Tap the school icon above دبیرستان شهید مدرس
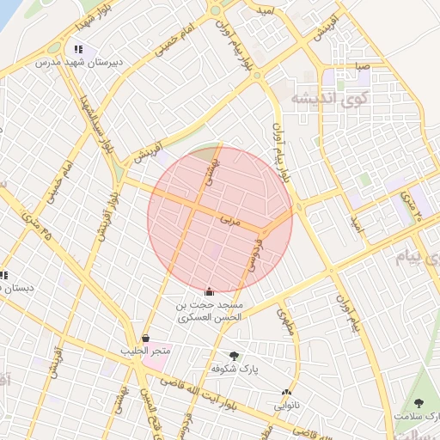click(79, 50)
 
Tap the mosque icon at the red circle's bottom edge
click(211, 291)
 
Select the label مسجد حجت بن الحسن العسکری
click(211, 311)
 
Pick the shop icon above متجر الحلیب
click(145, 339)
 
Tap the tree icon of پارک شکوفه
click(234, 355)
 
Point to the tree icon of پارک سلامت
click(419, 402)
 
